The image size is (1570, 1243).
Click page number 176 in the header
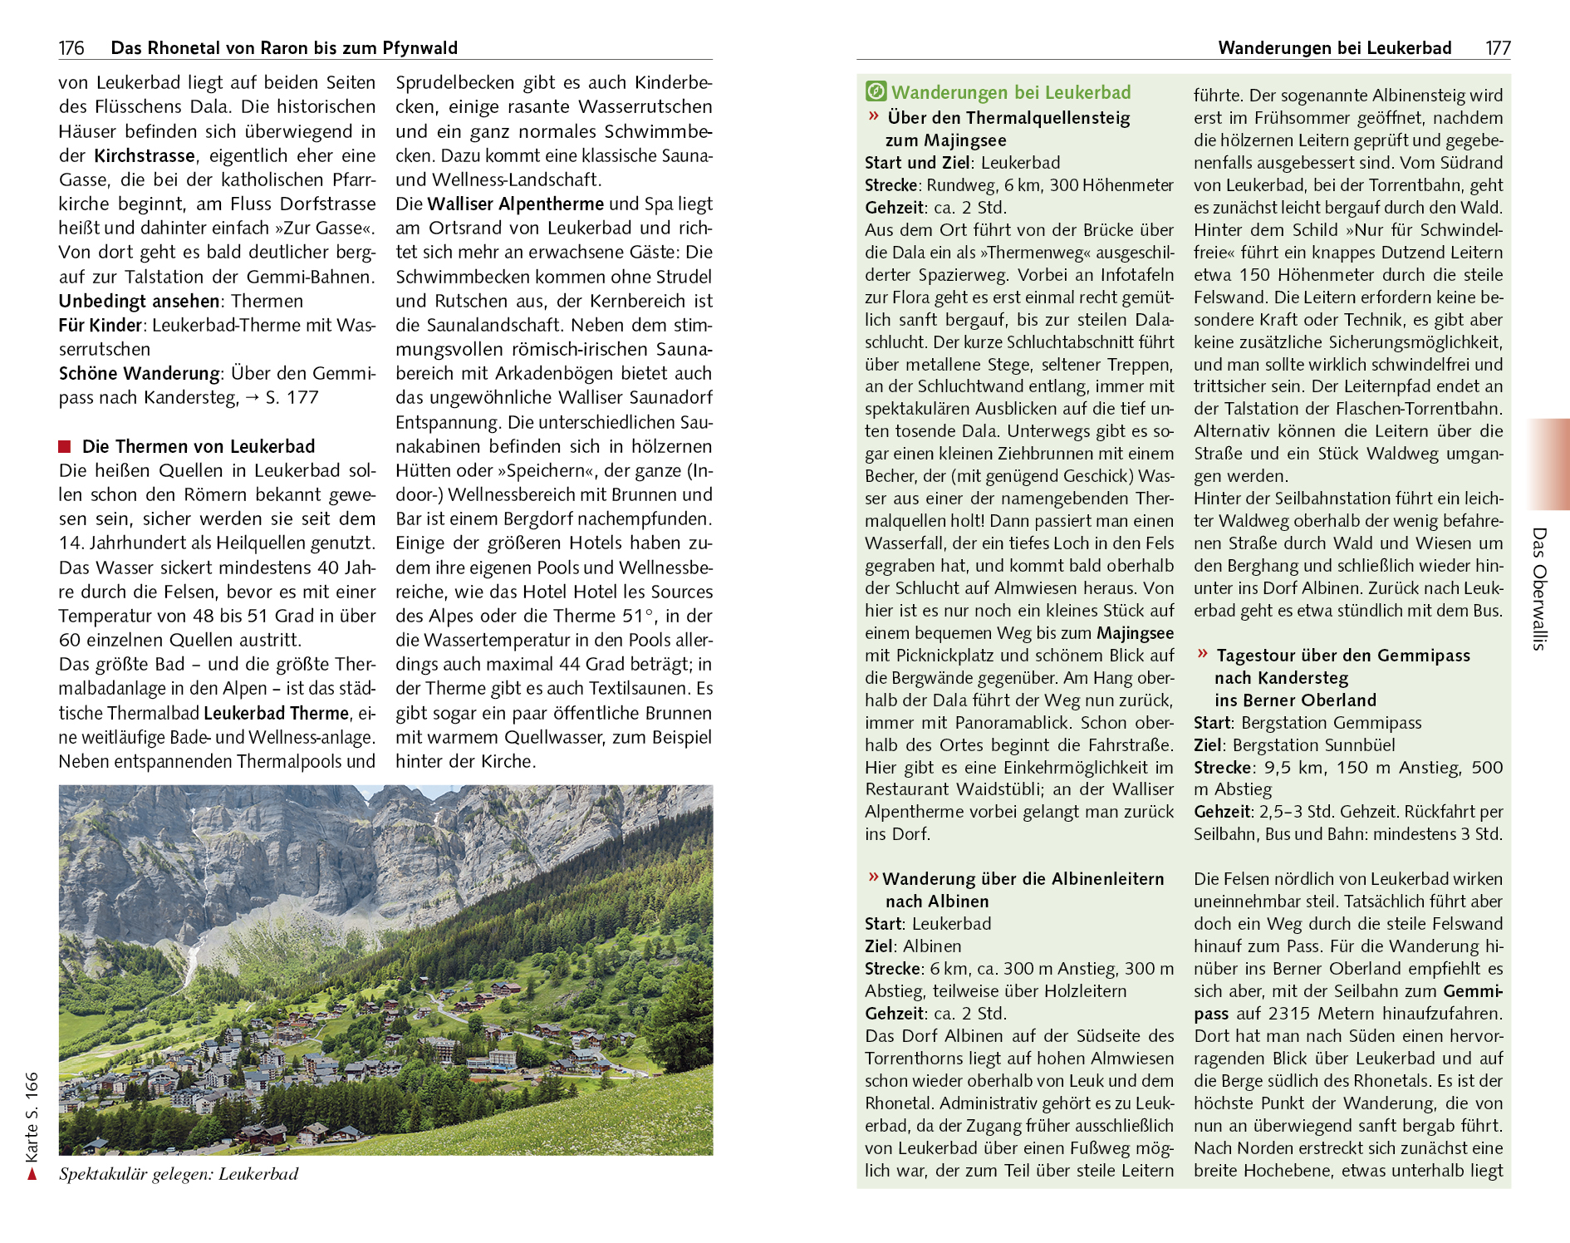click(x=71, y=48)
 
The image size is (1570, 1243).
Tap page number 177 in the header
click(x=1498, y=48)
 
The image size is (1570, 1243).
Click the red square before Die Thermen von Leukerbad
click(x=65, y=447)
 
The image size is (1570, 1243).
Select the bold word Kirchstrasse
click(x=145, y=156)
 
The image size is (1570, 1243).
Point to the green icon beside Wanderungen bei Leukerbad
click(x=876, y=91)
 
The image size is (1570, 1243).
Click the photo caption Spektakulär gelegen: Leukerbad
click(x=179, y=1174)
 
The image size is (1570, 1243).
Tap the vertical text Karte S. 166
click(x=32, y=1117)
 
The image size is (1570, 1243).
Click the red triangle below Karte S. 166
click(x=32, y=1174)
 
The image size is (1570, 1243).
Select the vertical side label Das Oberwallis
click(x=1539, y=588)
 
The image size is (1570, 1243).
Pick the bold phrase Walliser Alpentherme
click(x=516, y=204)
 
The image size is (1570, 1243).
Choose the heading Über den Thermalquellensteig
click(x=1008, y=118)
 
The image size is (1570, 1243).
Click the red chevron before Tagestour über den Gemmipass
click(x=1202, y=654)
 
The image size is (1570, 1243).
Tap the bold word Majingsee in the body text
click(x=1135, y=633)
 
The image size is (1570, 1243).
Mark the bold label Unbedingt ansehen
click(x=139, y=302)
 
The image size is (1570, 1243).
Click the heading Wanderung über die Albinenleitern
click(x=1023, y=879)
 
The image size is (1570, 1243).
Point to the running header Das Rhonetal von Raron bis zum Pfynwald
click(x=284, y=48)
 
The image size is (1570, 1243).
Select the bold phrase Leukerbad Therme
click(x=276, y=714)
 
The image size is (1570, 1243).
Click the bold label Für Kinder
click(x=100, y=326)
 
